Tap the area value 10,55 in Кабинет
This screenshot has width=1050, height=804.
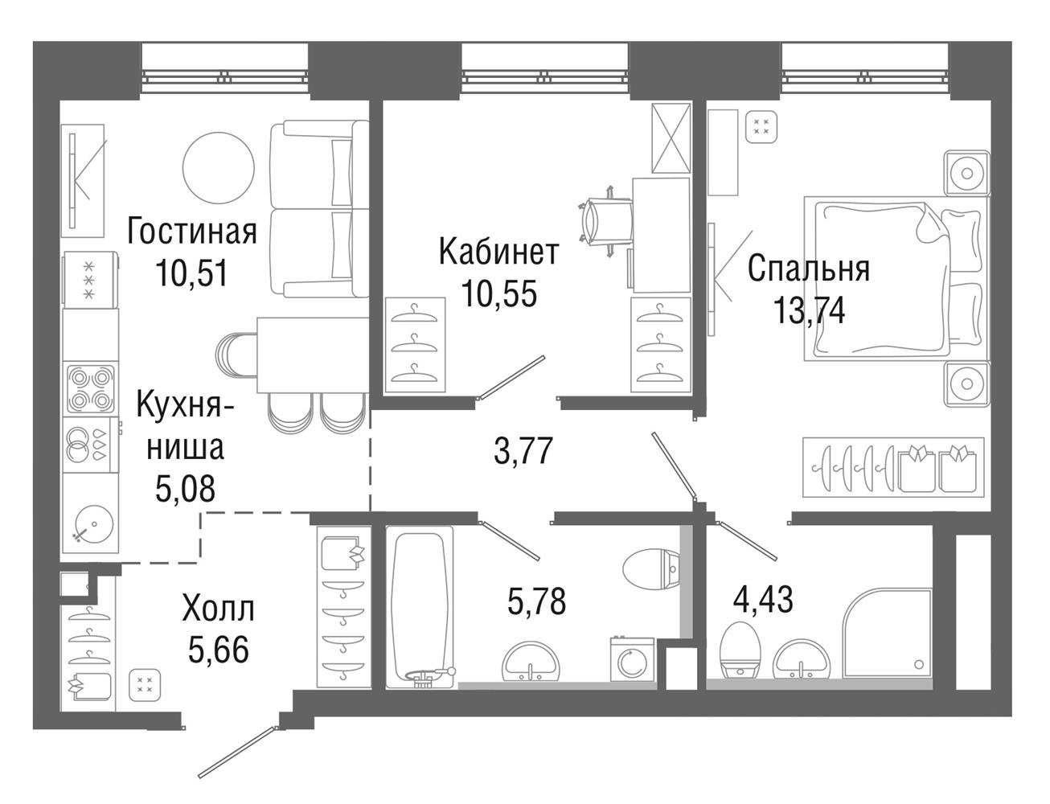[x=498, y=293]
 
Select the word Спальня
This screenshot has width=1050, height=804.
[x=808, y=269]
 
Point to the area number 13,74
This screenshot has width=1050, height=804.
[x=810, y=310]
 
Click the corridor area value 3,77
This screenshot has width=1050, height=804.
[x=523, y=450]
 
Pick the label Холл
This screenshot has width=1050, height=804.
[x=219, y=609]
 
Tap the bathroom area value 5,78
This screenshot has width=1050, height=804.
[x=536, y=601]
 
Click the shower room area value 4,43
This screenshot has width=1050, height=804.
[x=763, y=600]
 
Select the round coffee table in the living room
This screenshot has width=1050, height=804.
[x=219, y=167]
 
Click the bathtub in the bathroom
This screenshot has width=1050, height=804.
[x=420, y=607]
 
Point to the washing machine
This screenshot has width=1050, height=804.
[x=632, y=659]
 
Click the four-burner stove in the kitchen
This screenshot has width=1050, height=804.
[x=91, y=389]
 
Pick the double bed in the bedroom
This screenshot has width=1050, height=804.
[x=896, y=278]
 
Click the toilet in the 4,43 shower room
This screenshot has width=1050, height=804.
[x=740, y=650]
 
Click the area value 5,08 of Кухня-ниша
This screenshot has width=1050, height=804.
[x=185, y=488]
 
